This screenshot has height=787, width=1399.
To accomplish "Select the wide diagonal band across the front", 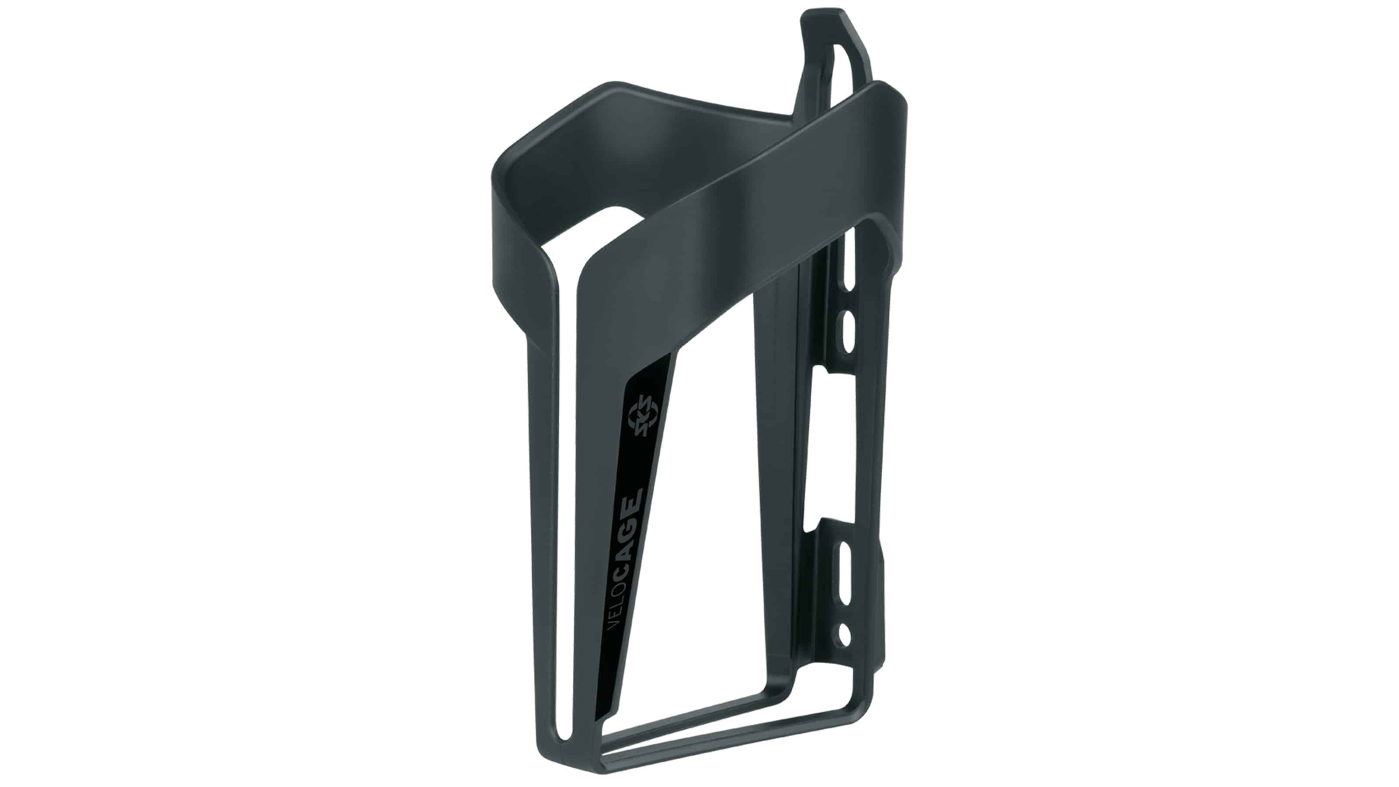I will pyautogui.click(x=749, y=206).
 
